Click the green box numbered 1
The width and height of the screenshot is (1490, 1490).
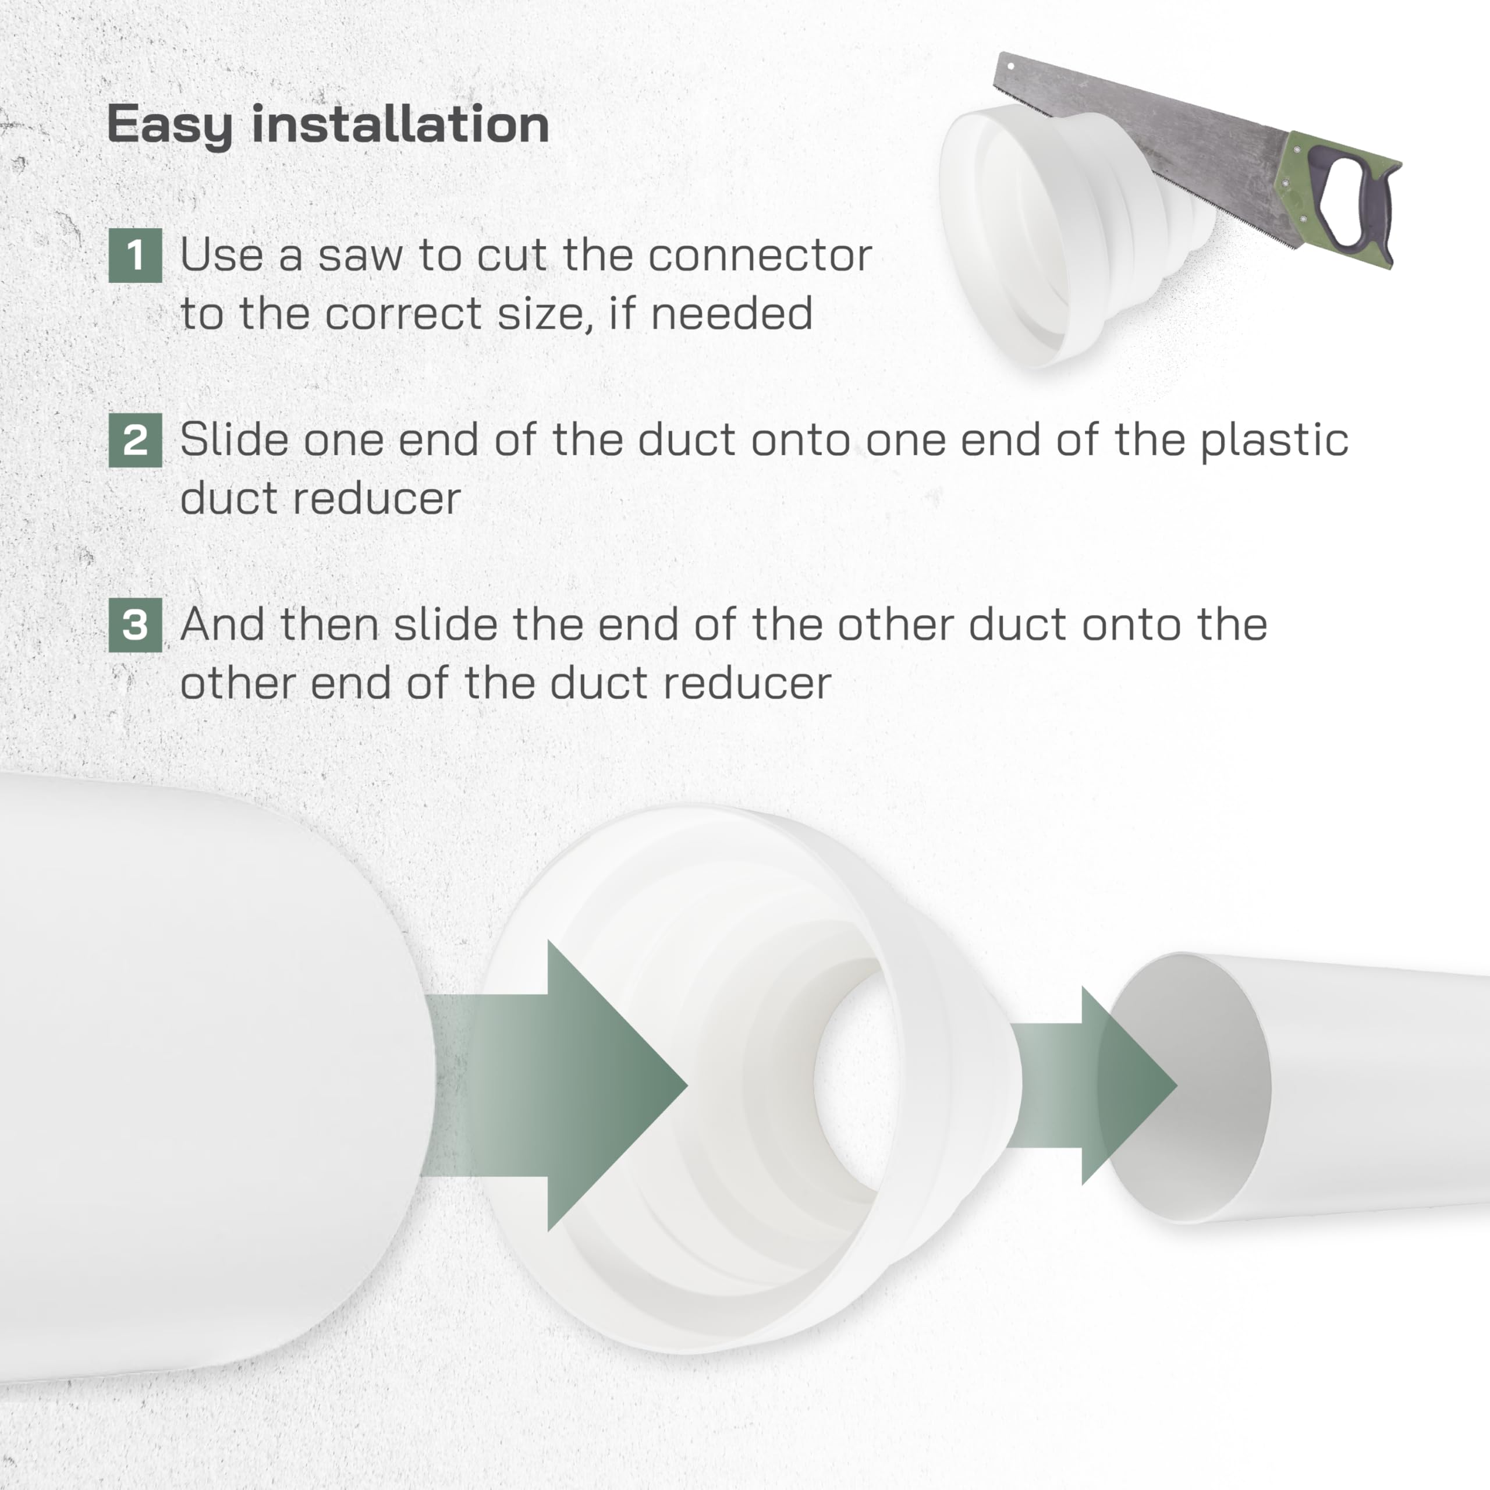(135, 256)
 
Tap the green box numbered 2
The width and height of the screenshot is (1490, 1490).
(135, 441)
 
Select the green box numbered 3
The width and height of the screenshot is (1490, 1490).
(135, 625)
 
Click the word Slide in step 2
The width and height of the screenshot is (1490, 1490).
(233, 441)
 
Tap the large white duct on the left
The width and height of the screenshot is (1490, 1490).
(193, 1080)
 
